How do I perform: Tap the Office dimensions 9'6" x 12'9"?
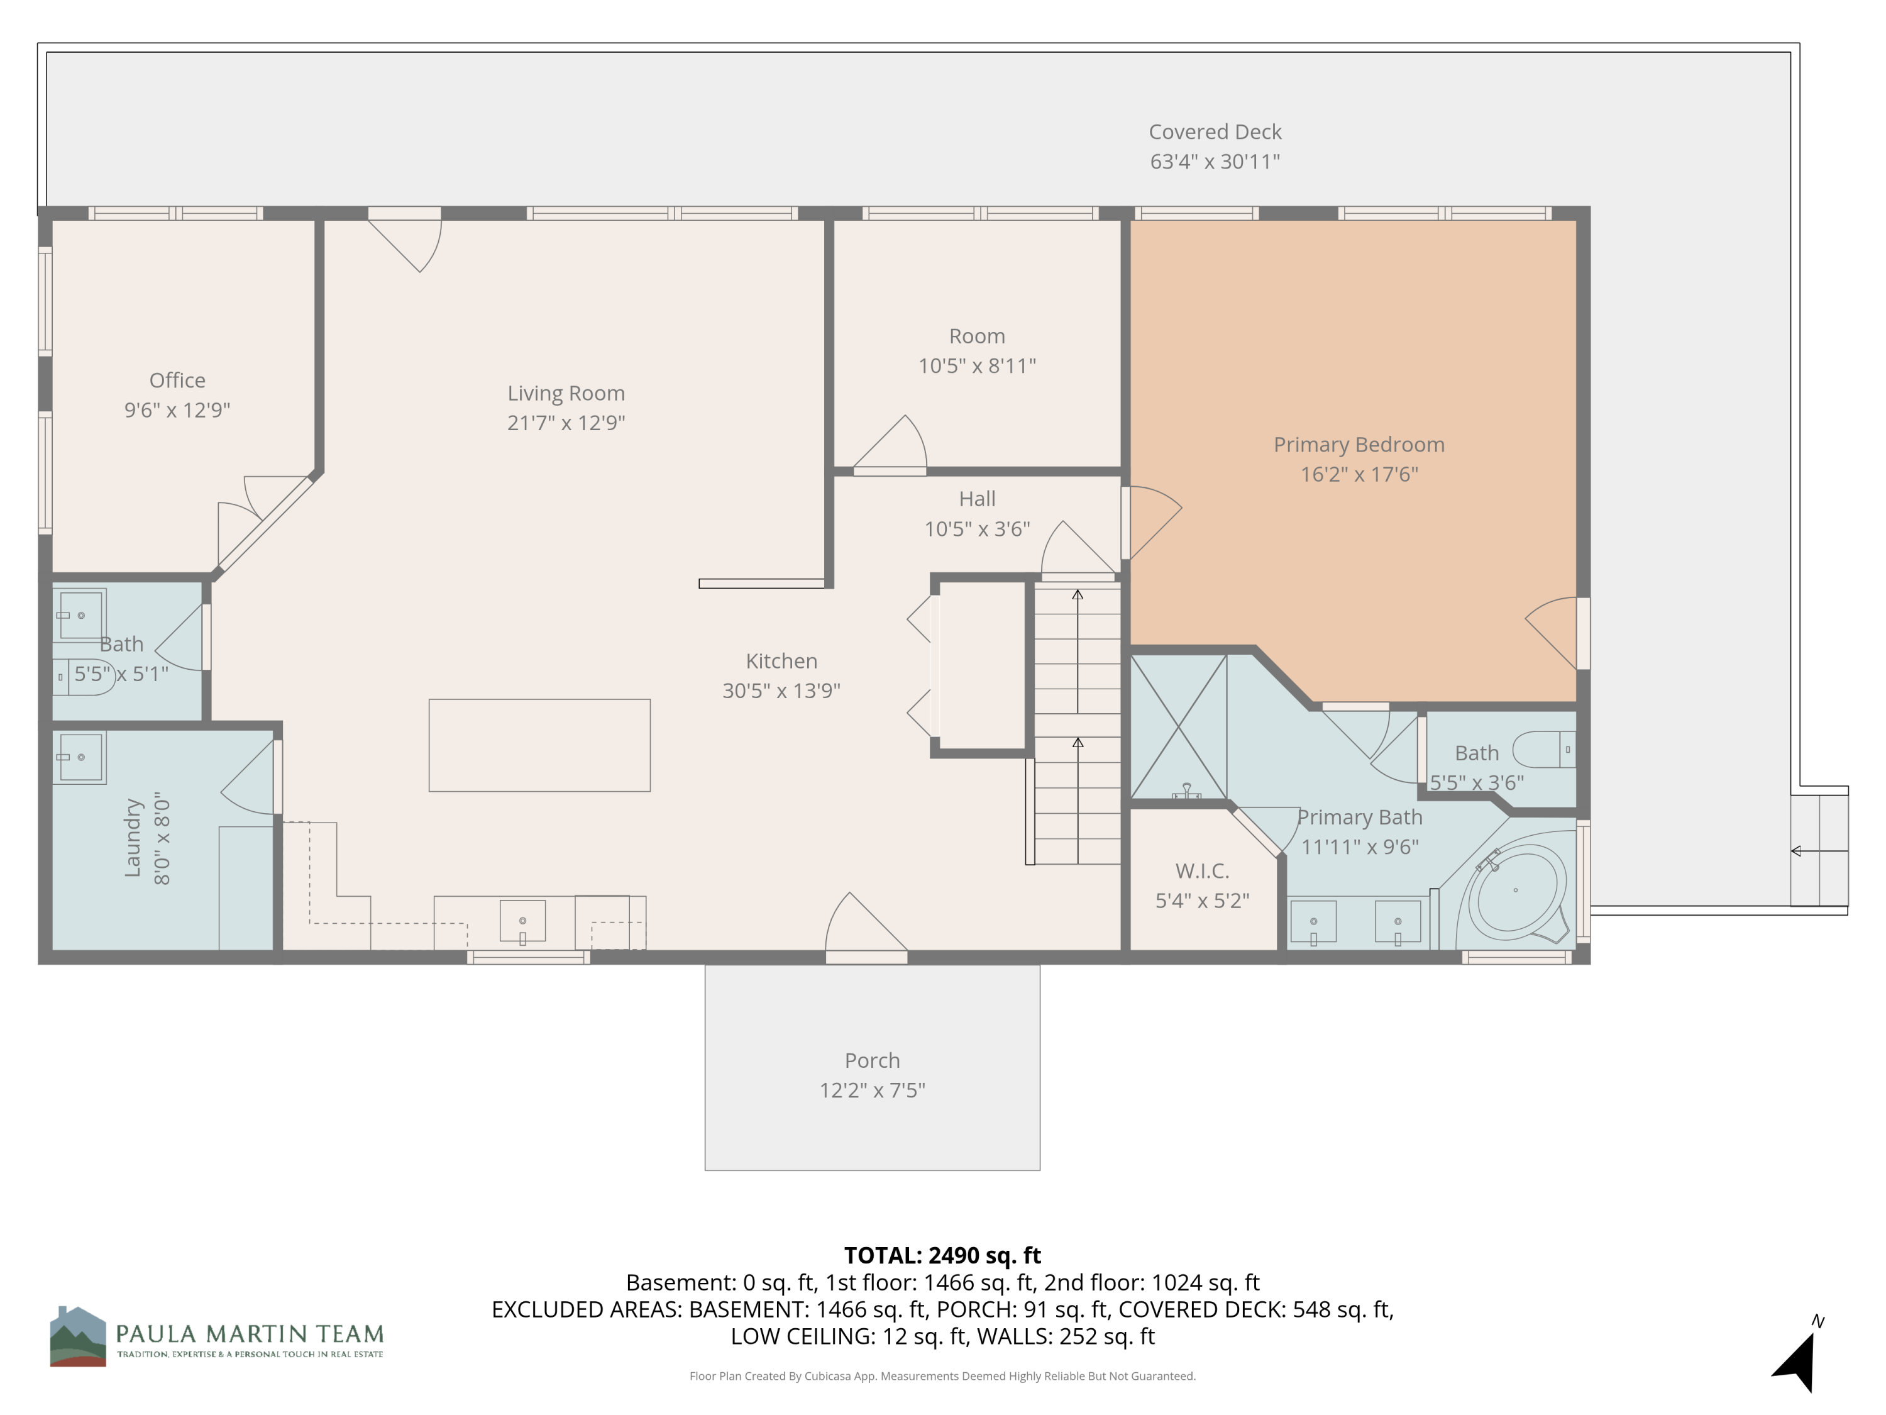(x=177, y=410)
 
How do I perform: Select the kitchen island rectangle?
(x=539, y=745)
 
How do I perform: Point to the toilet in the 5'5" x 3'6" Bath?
(x=1543, y=750)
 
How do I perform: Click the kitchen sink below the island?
(x=522, y=921)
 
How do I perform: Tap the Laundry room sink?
(x=80, y=757)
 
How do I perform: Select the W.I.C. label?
(x=1201, y=871)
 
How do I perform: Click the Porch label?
(x=871, y=1060)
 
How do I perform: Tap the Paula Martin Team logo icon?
(x=77, y=1336)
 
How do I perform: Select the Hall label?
(x=976, y=499)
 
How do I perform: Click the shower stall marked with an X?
(x=1178, y=727)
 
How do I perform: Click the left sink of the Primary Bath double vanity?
(x=1313, y=922)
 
